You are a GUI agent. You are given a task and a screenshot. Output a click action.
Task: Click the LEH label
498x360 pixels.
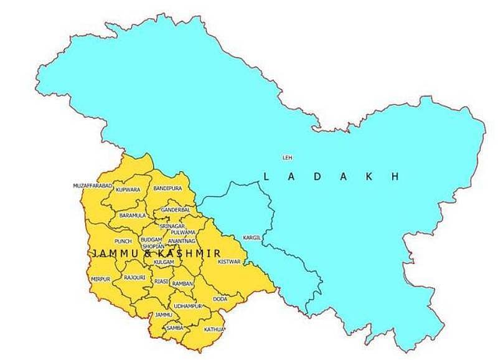pos(287,157)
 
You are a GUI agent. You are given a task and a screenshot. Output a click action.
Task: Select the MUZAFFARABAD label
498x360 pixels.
pos(92,186)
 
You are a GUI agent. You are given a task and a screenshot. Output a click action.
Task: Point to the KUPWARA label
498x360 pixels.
pos(128,189)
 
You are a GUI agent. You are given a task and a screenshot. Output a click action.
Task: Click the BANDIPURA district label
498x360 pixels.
pos(166,187)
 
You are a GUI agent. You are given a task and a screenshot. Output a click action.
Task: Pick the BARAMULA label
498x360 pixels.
pos(132,215)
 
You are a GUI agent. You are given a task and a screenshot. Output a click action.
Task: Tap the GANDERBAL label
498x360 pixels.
pos(175,211)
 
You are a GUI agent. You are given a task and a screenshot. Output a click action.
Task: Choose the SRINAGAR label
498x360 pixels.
pos(171,226)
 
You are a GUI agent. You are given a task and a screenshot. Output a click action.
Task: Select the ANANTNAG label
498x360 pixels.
pos(182,240)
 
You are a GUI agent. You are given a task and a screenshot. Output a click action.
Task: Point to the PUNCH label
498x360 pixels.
pos(123,240)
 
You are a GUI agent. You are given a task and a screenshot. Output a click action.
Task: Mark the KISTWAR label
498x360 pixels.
pos(229,262)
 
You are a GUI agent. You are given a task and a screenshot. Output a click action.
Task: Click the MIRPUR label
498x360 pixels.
pos(100,280)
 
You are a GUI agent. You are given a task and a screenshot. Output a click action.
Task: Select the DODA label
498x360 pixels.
pos(220,299)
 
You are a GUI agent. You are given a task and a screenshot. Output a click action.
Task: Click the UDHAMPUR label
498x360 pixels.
pos(189,306)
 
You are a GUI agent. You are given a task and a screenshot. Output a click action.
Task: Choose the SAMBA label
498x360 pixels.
pos(174,327)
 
